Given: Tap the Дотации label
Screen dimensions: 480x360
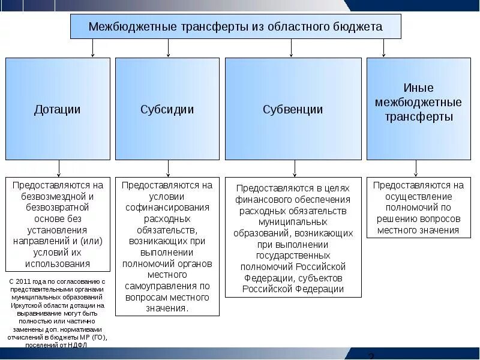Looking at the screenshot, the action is [x=58, y=109].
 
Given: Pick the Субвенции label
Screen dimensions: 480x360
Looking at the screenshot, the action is [x=293, y=109].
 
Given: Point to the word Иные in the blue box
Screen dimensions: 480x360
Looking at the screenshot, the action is [x=419, y=88].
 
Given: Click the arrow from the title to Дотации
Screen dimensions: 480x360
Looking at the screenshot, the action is [x=92, y=48].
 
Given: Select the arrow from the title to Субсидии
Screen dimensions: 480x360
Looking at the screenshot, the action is [x=168, y=48].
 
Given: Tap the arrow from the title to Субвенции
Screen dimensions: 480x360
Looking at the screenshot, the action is [x=292, y=48].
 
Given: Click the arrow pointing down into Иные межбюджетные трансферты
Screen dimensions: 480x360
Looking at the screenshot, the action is [x=384, y=48].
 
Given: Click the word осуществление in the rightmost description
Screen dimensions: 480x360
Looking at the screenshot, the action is [x=419, y=196].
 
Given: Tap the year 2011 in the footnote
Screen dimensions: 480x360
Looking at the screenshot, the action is [x=28, y=281].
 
